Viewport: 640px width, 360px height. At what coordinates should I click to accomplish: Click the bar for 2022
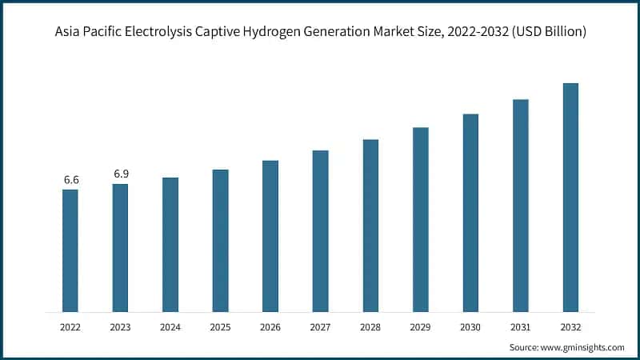pos(70,250)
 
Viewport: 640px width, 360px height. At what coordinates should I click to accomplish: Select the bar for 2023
pos(120,248)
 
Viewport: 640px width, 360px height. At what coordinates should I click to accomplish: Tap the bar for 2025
pos(220,240)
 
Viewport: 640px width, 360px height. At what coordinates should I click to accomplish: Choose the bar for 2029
pos(420,219)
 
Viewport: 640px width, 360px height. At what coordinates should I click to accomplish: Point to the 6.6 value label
pos(71,180)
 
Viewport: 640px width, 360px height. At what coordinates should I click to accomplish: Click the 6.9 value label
pos(121,174)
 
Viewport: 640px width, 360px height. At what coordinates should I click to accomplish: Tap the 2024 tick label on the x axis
pos(170,327)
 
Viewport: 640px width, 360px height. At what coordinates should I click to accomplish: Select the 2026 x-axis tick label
pos(270,327)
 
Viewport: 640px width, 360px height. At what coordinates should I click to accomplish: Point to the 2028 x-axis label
pos(370,327)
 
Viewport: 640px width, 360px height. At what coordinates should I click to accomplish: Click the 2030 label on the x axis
pos(470,327)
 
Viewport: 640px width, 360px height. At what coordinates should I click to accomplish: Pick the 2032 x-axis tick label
pos(570,327)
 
